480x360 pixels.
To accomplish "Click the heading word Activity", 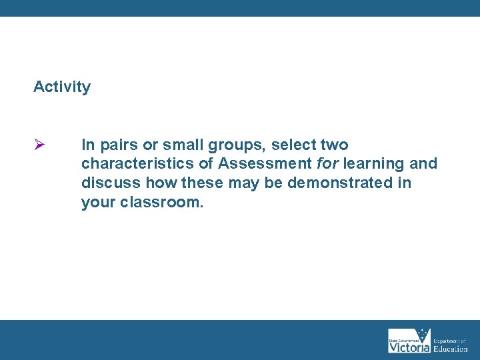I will [x=62, y=87].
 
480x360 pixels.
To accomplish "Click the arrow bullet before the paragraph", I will [x=39, y=145].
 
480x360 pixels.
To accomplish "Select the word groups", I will [x=239, y=145].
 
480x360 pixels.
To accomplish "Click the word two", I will [x=334, y=145].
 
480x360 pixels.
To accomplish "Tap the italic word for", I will [x=327, y=164].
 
